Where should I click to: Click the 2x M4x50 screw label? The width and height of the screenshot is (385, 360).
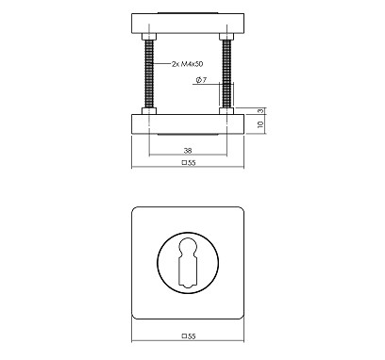pos(188,65)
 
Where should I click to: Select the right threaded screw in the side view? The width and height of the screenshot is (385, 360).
pos(226,74)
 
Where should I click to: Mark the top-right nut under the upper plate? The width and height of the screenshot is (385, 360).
pos(226,38)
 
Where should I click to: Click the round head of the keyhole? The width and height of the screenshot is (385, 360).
pos(187,250)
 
